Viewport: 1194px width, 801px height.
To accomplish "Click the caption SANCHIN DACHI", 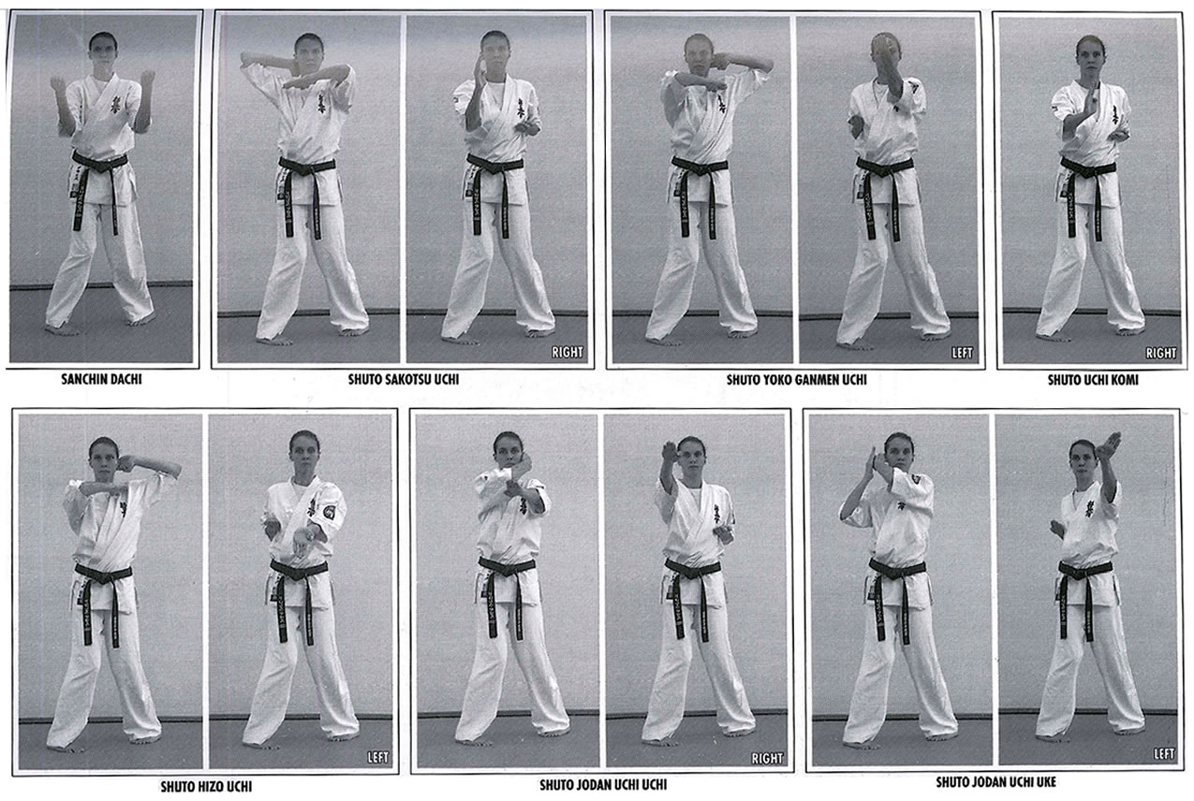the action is [x=101, y=380].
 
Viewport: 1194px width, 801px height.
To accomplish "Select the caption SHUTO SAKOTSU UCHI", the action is [x=404, y=380].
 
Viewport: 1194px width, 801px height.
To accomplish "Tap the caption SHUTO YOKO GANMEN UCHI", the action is [x=796, y=380].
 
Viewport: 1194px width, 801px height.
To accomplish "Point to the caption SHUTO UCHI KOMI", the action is [x=1093, y=380].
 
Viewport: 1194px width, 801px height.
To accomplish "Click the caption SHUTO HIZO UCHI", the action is [x=206, y=787].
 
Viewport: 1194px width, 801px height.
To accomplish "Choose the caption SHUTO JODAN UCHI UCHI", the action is [x=603, y=785].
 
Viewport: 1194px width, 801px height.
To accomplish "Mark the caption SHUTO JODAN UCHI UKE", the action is [x=995, y=782].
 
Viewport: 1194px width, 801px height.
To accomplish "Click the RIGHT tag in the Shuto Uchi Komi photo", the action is [x=1161, y=353].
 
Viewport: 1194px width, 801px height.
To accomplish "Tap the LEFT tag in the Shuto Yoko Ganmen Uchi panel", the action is [x=962, y=353].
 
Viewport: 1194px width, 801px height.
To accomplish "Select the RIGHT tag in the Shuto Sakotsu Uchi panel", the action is [x=568, y=352].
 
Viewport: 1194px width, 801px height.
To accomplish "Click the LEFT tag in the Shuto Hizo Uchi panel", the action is [x=378, y=757].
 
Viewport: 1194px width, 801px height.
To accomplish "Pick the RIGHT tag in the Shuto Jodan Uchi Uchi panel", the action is [x=767, y=758].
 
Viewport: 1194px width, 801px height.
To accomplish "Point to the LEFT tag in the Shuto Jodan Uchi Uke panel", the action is [x=1164, y=753].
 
